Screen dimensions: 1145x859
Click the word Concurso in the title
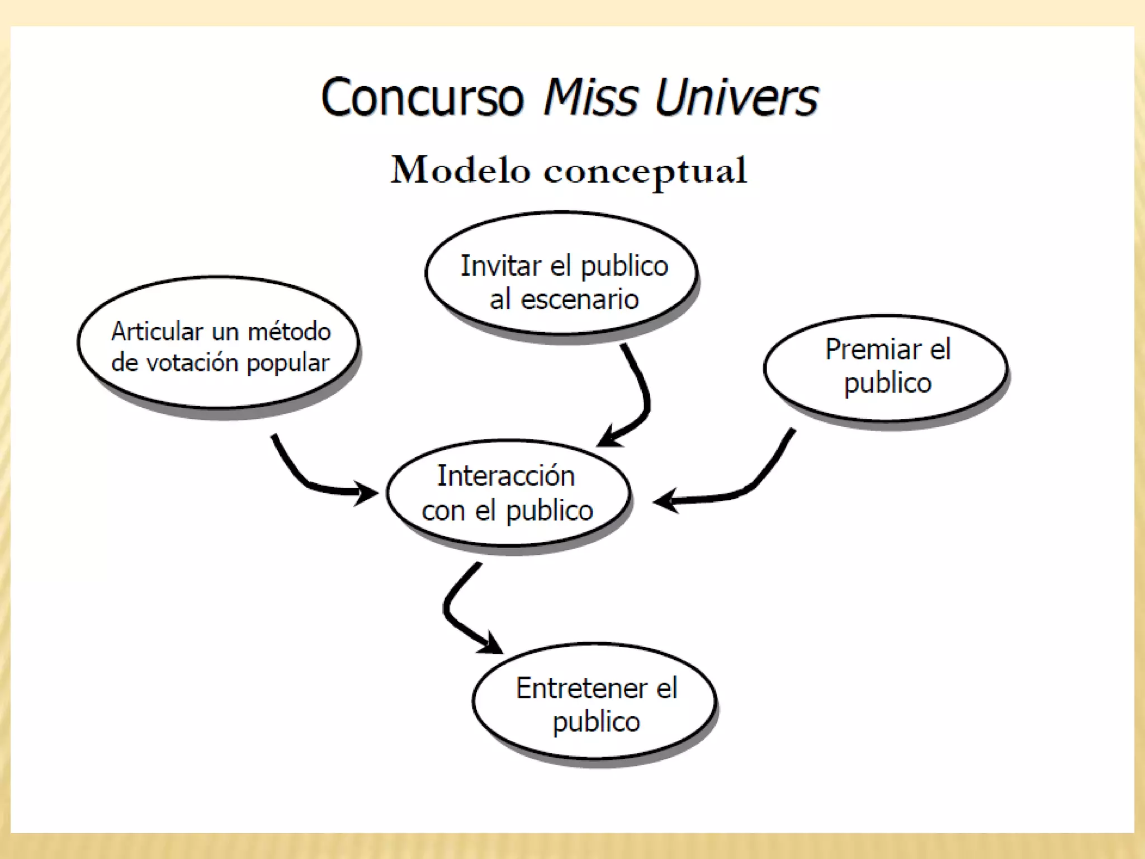coord(422,97)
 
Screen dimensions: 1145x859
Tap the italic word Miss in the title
coord(590,97)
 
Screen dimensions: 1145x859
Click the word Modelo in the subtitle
coord(460,170)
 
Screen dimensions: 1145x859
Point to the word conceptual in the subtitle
coord(645,171)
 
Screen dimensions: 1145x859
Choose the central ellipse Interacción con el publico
coord(508,492)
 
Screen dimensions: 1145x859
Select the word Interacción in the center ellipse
coord(505,476)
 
